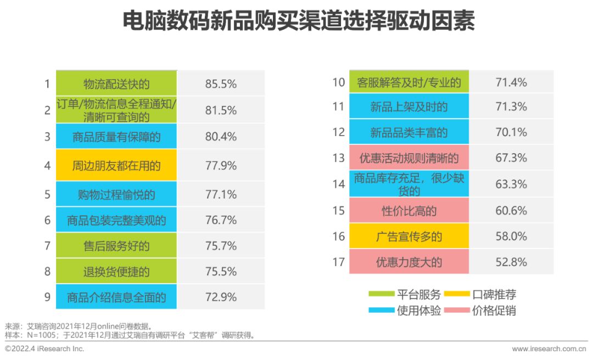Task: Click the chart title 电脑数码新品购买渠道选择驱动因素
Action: point(297,22)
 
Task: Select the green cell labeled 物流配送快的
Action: point(116,84)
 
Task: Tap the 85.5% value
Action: point(221,84)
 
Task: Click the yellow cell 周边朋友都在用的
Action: point(116,165)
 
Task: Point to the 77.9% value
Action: point(221,165)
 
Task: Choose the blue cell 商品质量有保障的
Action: point(116,137)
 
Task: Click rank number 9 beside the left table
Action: point(47,297)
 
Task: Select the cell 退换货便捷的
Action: point(116,272)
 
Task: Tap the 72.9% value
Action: point(221,297)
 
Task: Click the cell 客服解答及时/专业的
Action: point(409,83)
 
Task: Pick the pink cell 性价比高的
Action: point(409,211)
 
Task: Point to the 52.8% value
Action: point(511,262)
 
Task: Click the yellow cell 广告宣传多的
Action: point(409,237)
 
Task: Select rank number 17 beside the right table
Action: point(338,262)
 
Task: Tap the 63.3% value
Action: point(511,184)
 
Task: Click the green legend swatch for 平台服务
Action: point(381,295)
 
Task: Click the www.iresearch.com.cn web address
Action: point(549,348)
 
